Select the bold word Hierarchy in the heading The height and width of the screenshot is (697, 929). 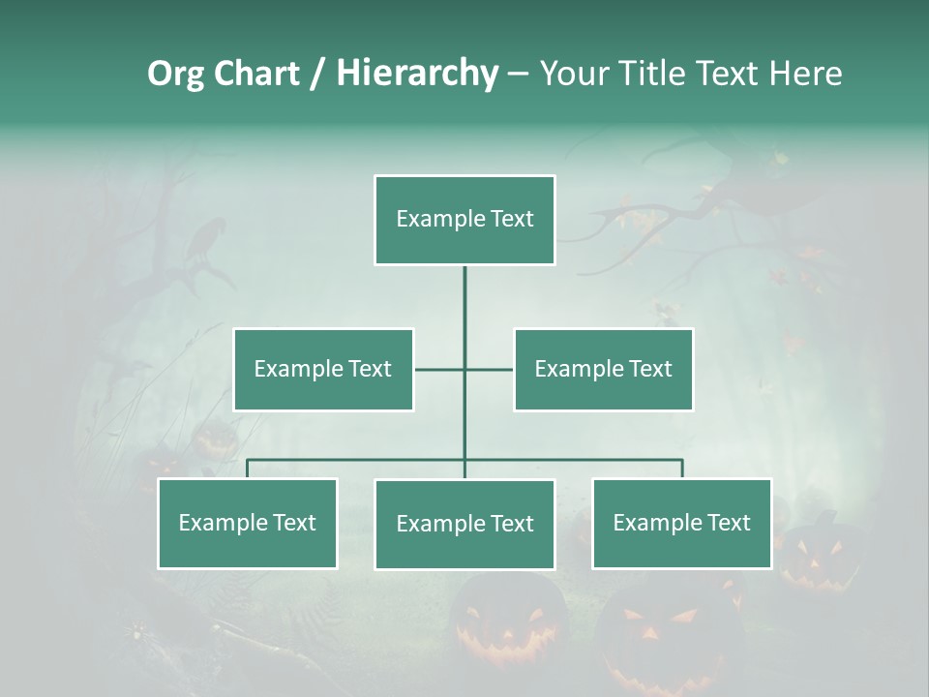[417, 74]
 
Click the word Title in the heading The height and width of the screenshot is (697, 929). [651, 74]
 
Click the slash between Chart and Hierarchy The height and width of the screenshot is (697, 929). [317, 75]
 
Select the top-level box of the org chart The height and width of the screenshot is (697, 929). [464, 220]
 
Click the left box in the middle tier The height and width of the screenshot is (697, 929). [323, 369]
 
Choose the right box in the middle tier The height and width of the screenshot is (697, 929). [604, 369]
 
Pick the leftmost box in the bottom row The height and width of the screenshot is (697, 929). [248, 523]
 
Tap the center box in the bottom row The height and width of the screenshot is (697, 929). [464, 524]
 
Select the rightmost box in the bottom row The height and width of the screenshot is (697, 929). [682, 523]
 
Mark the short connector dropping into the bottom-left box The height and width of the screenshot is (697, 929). [248, 469]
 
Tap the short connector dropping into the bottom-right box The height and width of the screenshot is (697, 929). [682, 469]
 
